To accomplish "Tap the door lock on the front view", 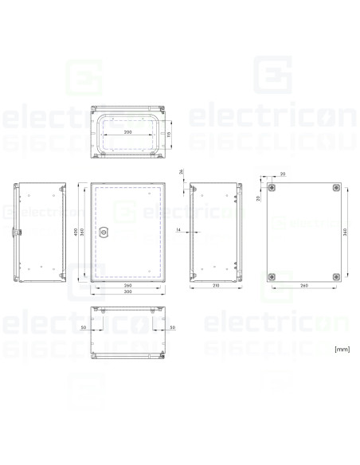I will tap(104, 232).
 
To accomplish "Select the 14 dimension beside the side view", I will tap(178, 231).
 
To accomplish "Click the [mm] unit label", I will tap(342, 349).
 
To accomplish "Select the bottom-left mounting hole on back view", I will tap(272, 276).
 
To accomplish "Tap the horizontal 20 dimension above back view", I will tap(284, 173).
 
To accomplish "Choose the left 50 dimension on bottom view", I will tap(83, 326).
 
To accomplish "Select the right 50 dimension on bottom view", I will tap(173, 326).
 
